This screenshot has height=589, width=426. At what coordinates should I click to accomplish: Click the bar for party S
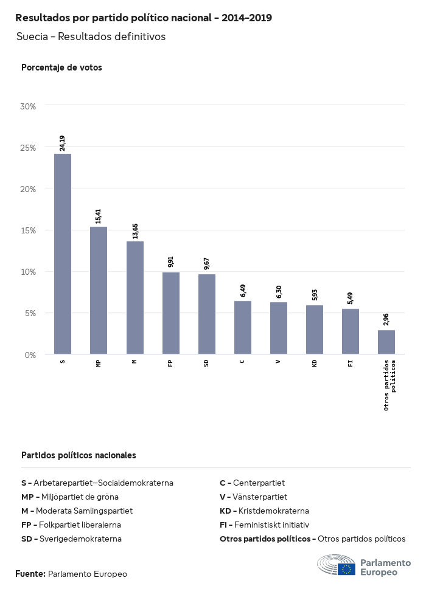[x=63, y=253]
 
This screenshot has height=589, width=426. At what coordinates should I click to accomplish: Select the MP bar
[x=99, y=290]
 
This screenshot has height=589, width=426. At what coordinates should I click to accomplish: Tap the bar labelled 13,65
[x=135, y=297]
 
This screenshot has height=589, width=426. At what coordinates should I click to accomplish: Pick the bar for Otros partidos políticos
[x=386, y=342]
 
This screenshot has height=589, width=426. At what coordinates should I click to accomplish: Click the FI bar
[x=351, y=331]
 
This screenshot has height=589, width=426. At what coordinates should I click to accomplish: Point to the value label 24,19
[x=63, y=143]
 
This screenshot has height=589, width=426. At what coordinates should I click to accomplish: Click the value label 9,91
[x=171, y=262]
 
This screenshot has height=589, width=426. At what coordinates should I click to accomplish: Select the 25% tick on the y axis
[x=28, y=148]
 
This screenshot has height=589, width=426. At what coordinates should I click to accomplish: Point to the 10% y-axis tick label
[x=28, y=272]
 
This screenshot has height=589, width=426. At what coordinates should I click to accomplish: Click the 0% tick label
[x=30, y=354]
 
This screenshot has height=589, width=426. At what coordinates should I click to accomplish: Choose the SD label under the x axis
[x=207, y=363]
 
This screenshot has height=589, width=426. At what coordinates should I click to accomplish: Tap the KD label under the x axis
[x=315, y=363]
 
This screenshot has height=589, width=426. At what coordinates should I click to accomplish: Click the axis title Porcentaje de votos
[x=61, y=67]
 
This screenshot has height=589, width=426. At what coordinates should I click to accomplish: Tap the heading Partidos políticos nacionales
[x=79, y=455]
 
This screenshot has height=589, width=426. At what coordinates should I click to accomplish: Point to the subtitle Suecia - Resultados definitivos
[x=91, y=36]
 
